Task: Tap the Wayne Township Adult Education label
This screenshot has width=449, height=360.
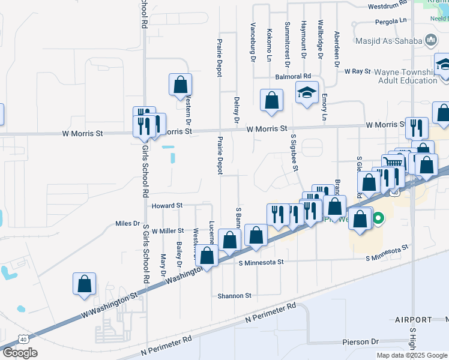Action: pos(403,76)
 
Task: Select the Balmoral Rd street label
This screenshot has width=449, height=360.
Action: pos(293,77)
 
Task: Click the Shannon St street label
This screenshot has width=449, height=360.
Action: pos(234,296)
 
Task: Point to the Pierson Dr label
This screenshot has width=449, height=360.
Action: pos(360,342)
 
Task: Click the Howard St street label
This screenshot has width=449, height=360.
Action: pos(166,206)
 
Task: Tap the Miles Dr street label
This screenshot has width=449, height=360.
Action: pos(127,224)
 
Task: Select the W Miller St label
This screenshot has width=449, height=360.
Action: pos(167,231)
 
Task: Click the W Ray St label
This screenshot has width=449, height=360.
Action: pos(358,71)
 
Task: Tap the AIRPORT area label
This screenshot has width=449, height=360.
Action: pos(414,319)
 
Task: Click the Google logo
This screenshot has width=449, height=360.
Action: pos(19,353)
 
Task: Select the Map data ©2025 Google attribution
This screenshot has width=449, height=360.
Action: pos(412,355)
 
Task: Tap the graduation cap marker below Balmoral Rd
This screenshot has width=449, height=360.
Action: pos(306,93)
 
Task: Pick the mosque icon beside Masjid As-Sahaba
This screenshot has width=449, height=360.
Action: pos(430,40)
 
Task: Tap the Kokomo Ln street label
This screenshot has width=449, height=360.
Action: pos(270,46)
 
